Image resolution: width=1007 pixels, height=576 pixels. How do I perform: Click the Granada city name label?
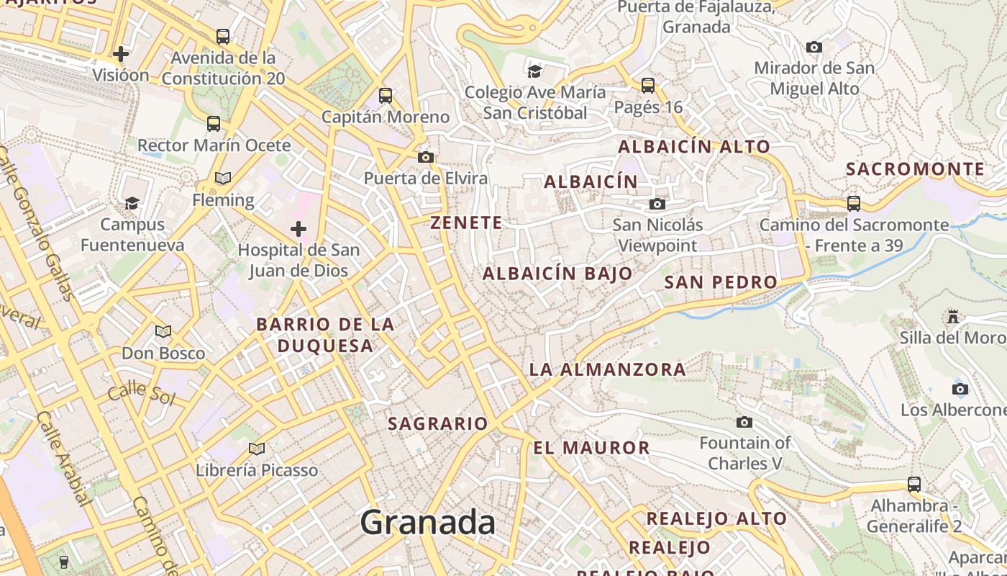(428, 522)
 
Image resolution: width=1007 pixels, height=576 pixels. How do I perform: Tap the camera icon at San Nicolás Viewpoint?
(657, 204)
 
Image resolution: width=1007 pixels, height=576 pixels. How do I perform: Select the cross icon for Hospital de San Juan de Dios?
(299, 230)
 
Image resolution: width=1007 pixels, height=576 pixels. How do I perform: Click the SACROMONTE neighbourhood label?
(915, 169)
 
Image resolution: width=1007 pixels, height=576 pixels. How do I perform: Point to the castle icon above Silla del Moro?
(953, 317)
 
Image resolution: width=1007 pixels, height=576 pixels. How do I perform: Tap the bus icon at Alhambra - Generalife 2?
(913, 484)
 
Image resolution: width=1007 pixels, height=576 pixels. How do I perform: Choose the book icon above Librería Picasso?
(257, 449)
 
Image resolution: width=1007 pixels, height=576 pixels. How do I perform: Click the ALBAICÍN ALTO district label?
(694, 147)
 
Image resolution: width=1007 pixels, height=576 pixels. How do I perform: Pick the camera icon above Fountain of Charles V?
(744, 422)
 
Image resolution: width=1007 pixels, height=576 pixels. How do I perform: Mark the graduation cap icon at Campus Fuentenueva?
(132, 203)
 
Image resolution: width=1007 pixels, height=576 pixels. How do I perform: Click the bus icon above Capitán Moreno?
(386, 95)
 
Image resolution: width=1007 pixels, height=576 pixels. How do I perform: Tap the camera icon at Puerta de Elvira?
(426, 157)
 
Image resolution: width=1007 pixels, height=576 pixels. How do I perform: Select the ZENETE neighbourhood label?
(467, 223)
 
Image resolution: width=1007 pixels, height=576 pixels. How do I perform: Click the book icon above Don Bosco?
(163, 332)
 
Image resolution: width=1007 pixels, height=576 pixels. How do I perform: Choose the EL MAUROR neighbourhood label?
(591, 448)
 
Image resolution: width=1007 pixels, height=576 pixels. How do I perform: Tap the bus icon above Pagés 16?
(647, 86)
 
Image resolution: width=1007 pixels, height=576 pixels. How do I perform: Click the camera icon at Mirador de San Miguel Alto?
(814, 48)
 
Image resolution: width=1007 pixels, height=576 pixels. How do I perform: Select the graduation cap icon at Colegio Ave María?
(534, 71)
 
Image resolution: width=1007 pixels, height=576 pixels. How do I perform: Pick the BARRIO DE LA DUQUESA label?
(325, 335)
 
